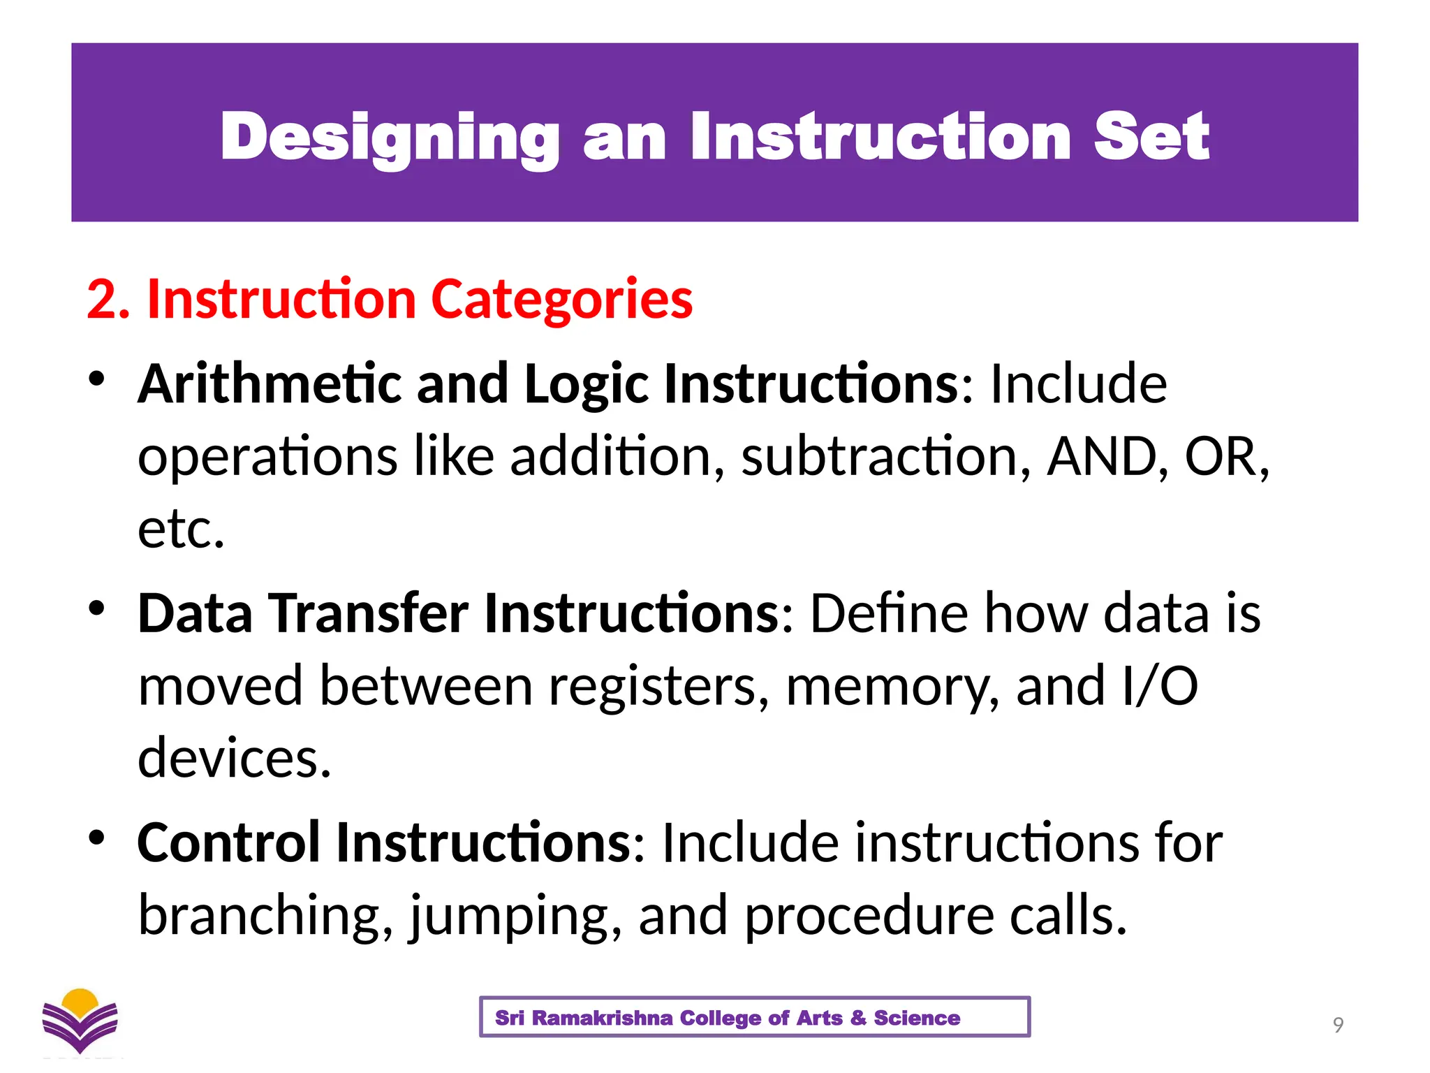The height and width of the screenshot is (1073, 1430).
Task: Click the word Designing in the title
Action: pos(390,138)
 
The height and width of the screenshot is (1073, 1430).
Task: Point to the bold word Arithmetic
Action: pos(270,384)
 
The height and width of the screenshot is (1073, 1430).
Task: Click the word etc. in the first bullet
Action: pos(181,530)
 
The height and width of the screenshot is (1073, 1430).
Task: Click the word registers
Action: pos(658,686)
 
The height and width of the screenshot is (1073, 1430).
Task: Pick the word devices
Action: pos(234,759)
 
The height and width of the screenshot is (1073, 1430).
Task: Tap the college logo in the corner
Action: pos(80,1021)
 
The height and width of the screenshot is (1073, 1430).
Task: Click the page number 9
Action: pos(1338,1025)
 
